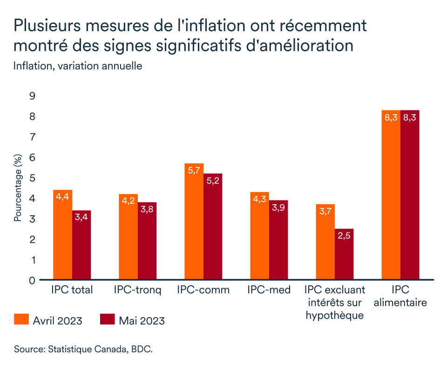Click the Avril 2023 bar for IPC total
coord(62,235)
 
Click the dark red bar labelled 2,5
coord(344,254)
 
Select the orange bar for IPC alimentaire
coord(391,195)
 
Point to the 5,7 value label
coord(194,171)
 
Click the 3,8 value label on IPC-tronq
coord(147,210)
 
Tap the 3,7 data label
coord(325,212)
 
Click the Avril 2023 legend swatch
coord(21,320)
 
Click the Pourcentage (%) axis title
coord(18,188)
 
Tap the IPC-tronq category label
coord(137,290)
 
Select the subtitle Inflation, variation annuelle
coord(78,66)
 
